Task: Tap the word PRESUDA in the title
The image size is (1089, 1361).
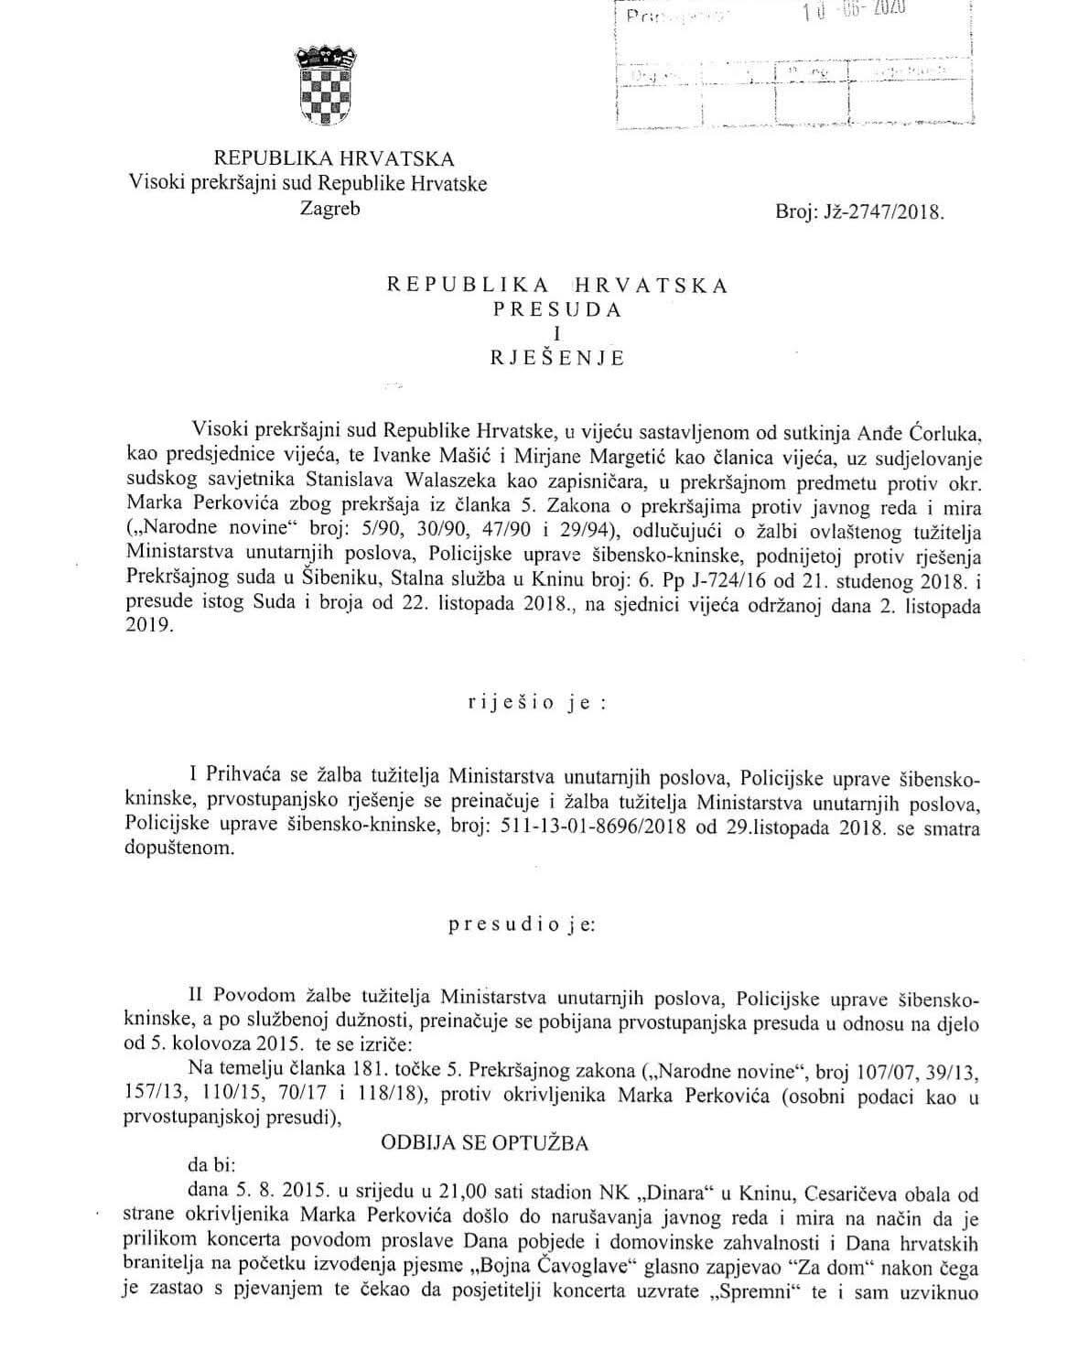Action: pos(557,309)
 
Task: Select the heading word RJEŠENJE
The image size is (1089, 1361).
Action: pos(557,358)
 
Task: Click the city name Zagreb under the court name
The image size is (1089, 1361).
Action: pos(330,208)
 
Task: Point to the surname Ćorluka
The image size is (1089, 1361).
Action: pos(943,430)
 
